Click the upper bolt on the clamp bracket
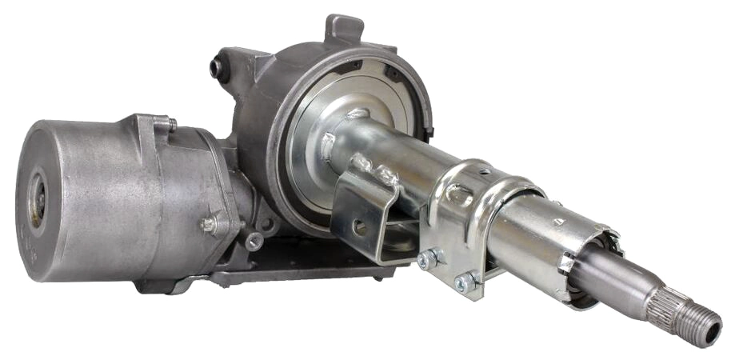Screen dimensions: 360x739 pyautogui.click(x=429, y=258)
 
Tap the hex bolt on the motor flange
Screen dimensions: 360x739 pyautogui.click(x=209, y=225)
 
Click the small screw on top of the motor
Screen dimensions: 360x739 pyautogui.click(x=171, y=123)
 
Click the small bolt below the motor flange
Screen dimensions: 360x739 pyautogui.click(x=253, y=240)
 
